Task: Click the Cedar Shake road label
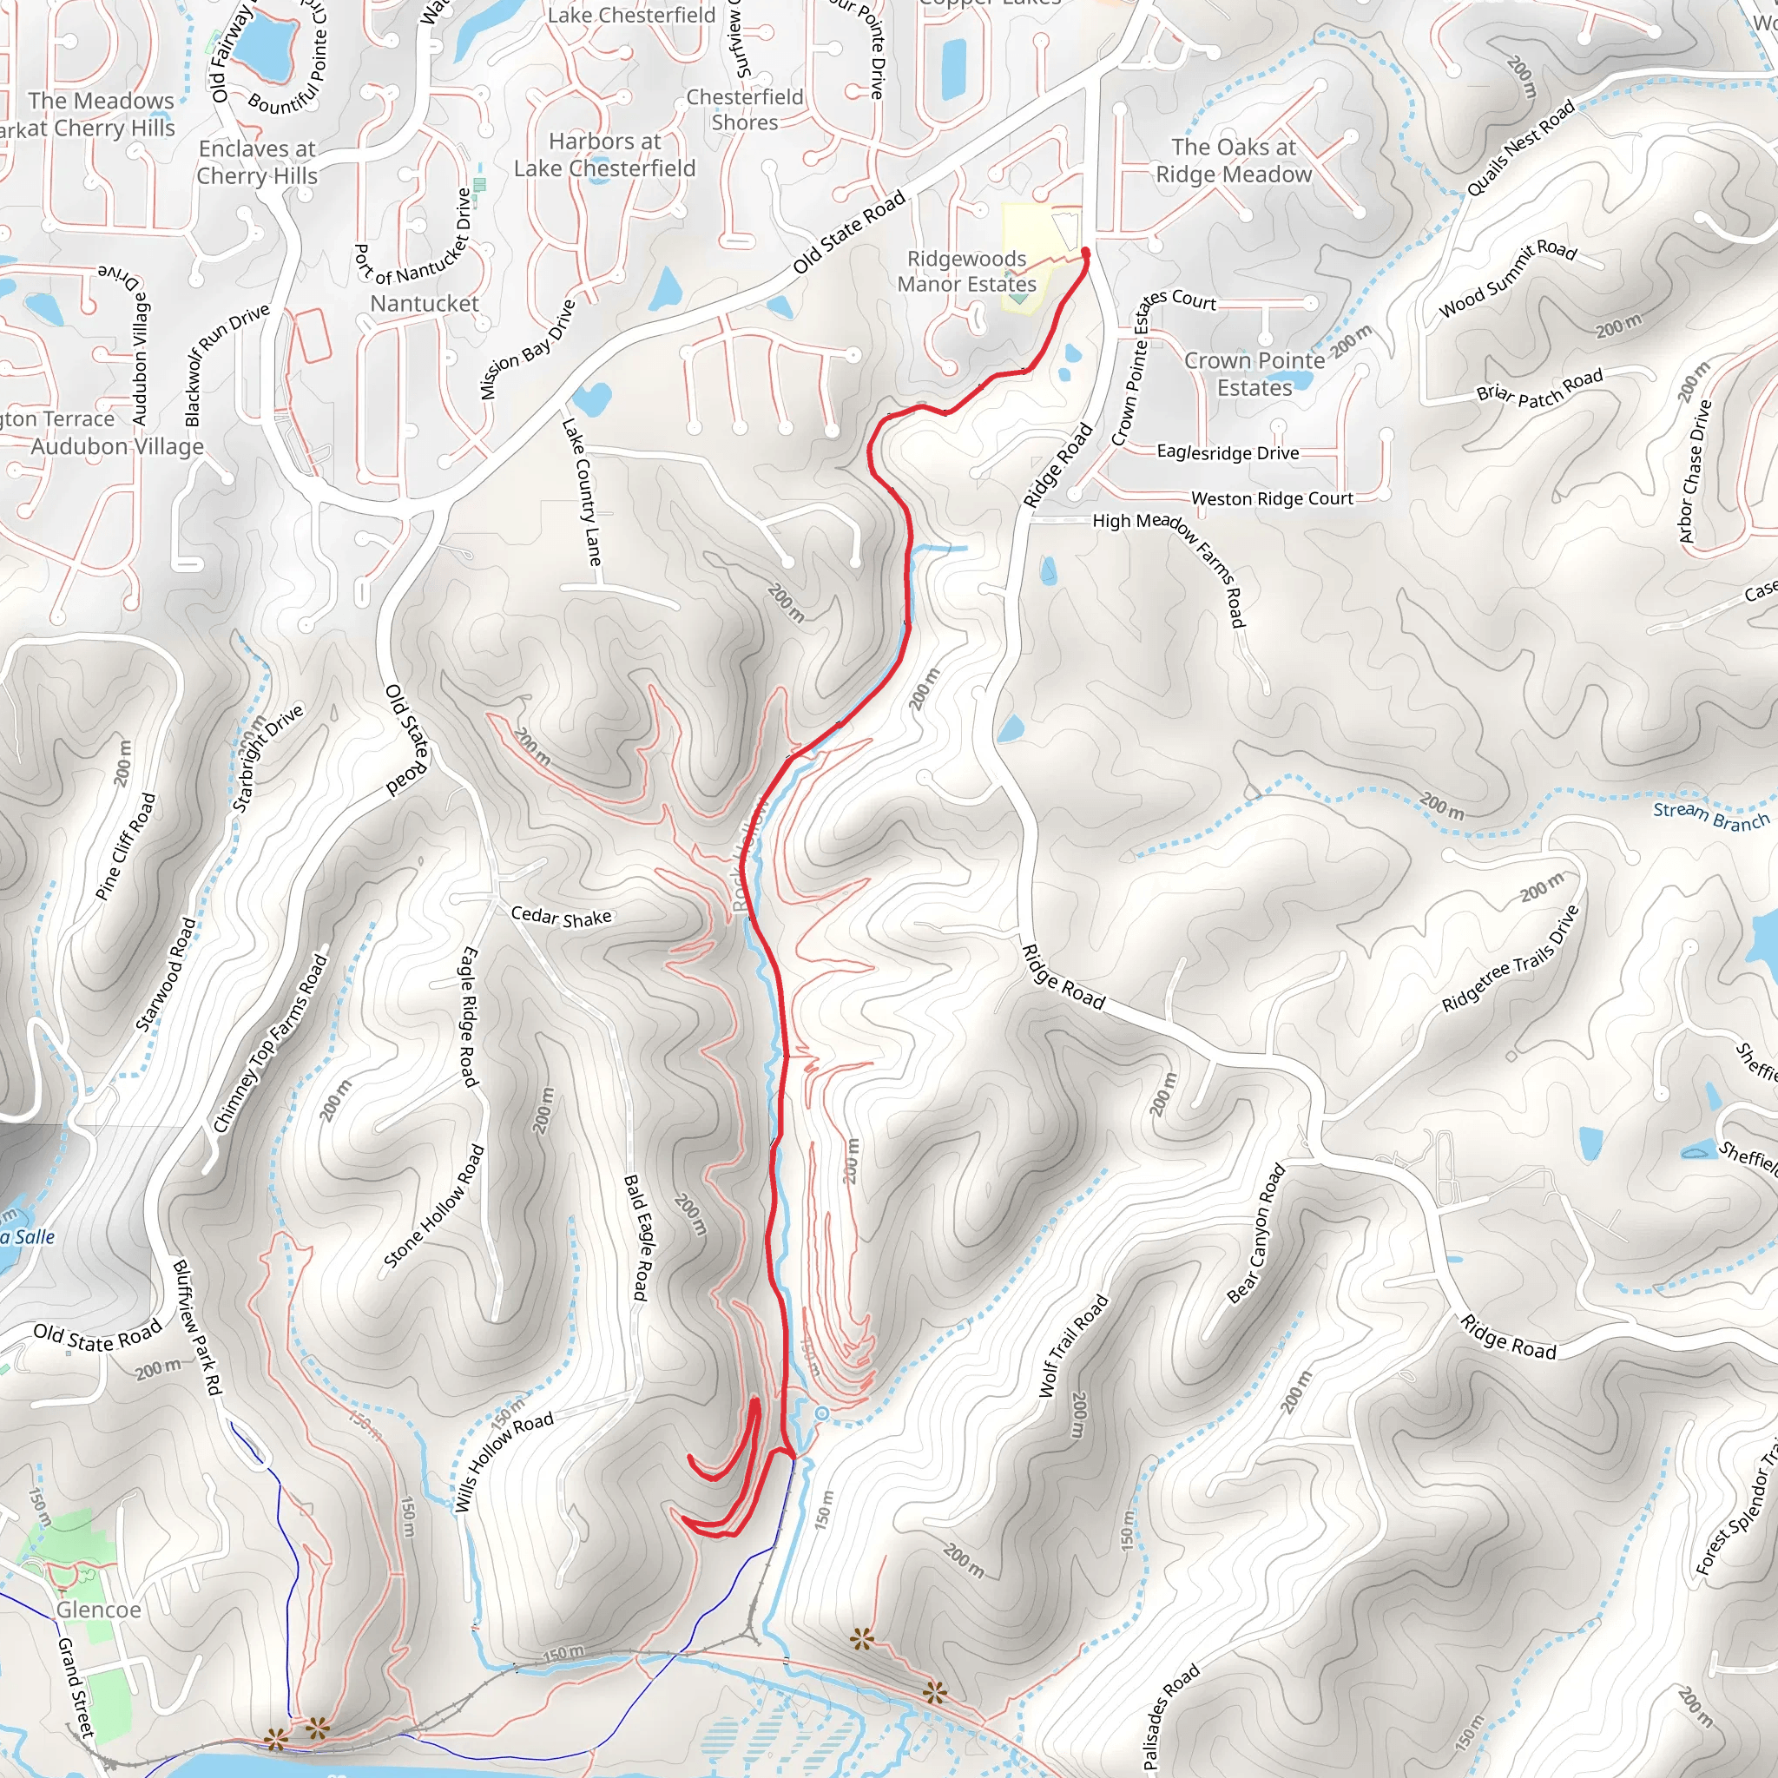coord(561,917)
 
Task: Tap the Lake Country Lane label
coord(582,493)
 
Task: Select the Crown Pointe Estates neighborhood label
coord(1254,373)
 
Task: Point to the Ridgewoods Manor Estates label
coord(966,272)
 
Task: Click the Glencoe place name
coord(98,1610)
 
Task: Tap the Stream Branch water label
coord(1711,815)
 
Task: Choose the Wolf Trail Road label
coord(1073,1347)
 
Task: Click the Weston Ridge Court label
coord(1272,499)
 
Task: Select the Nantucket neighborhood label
coord(425,304)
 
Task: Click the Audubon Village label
coord(118,446)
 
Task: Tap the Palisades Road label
coord(1170,1716)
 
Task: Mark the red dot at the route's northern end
coord(1086,251)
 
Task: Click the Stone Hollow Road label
coord(432,1207)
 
